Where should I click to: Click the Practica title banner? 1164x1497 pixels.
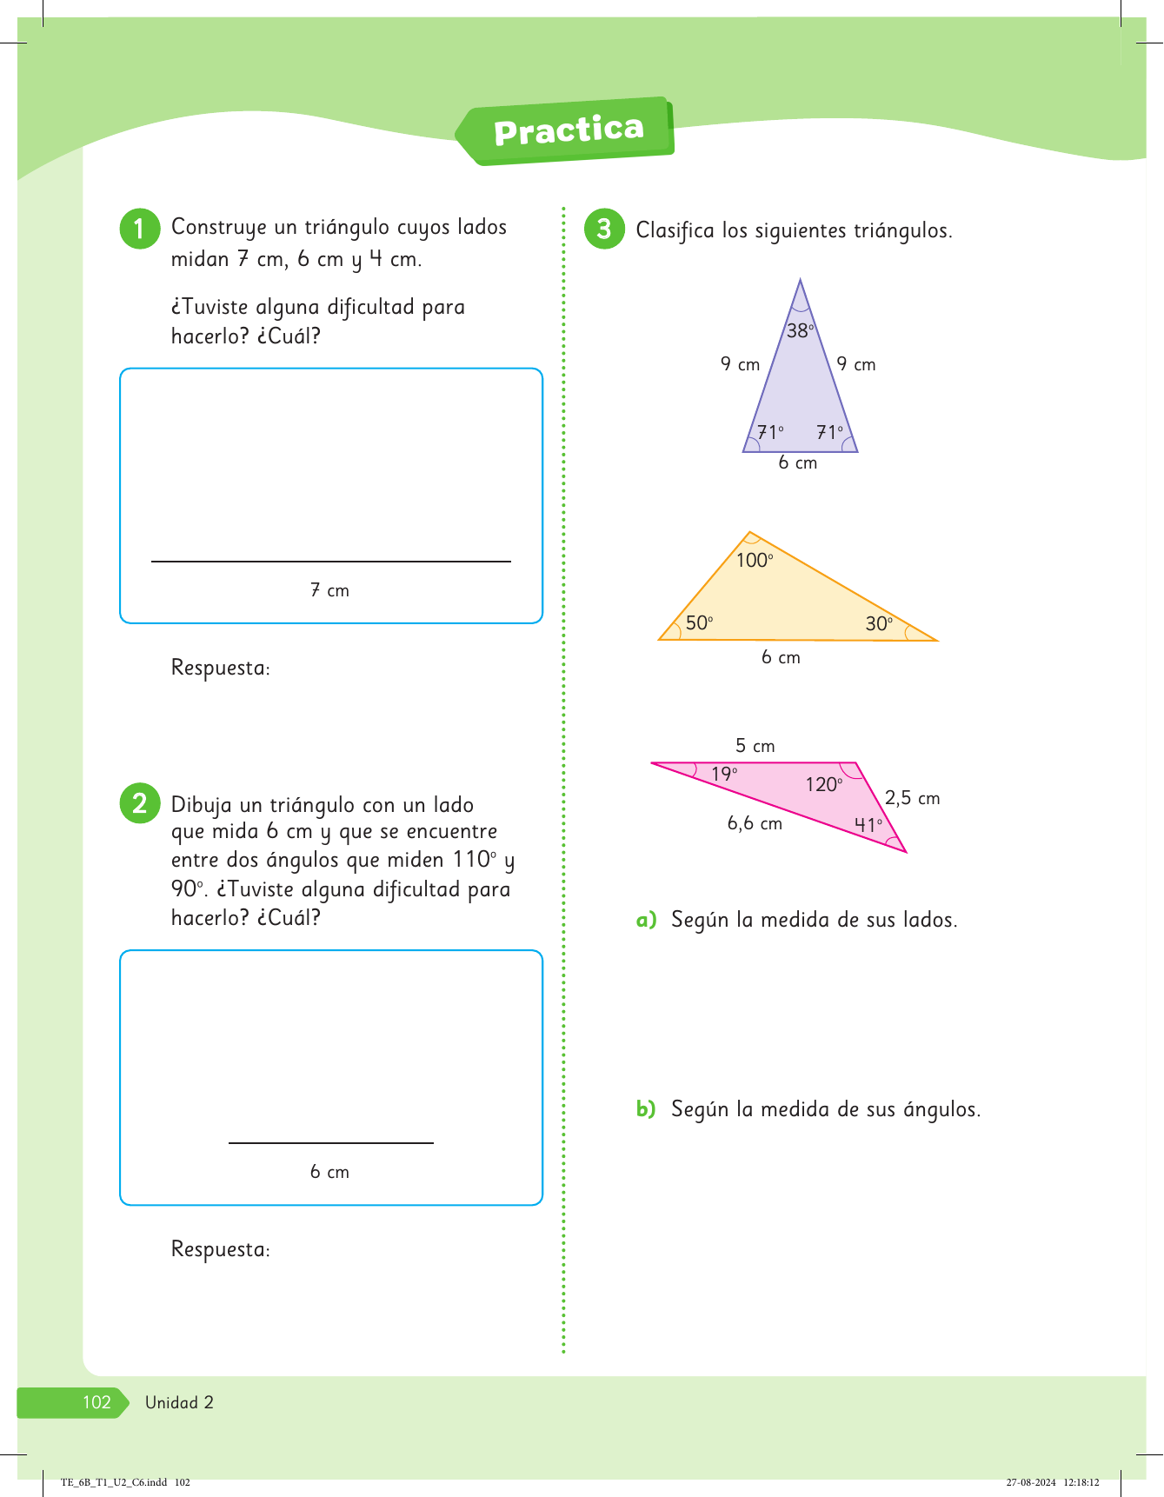coord(568,130)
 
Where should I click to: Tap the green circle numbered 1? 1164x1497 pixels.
coord(139,229)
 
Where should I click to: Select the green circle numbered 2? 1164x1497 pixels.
coord(139,803)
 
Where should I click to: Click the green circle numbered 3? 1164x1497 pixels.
coord(604,229)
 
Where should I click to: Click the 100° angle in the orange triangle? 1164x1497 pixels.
coord(754,561)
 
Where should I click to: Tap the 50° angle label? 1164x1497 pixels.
coord(699,622)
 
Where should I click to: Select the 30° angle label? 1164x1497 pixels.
coord(879,623)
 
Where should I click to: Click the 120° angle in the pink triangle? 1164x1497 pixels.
coord(823,785)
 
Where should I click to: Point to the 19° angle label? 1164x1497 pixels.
coord(724,774)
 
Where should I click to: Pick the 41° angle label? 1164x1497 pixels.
coord(868,825)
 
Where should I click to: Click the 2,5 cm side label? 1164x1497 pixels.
coord(912,798)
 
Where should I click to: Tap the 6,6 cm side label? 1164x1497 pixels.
coord(755,823)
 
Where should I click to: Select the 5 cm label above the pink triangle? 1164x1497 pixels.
coord(755,746)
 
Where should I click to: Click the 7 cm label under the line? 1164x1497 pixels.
coord(329,590)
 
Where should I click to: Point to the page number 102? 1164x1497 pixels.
coord(96,1402)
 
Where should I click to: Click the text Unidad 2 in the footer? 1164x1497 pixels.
coord(179,1402)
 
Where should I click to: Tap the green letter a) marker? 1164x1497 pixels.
coord(646,920)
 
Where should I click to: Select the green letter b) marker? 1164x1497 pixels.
coord(646,1109)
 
